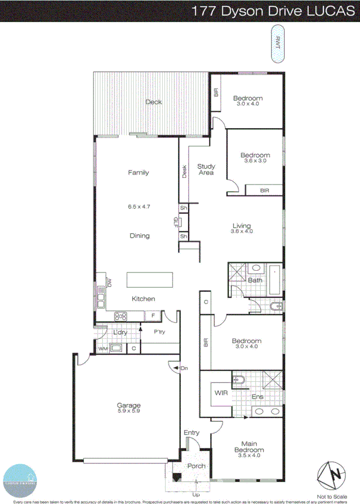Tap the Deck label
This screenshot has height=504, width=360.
tap(154, 102)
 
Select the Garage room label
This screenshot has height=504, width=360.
tap(129, 405)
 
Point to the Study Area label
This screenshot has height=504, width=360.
tap(206, 169)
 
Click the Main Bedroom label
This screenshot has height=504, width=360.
tap(250, 446)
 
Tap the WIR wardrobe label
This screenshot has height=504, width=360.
tap(221, 392)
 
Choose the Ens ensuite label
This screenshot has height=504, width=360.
tap(257, 397)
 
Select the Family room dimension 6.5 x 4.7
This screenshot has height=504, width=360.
tap(139, 207)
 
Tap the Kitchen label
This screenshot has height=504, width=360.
tap(143, 299)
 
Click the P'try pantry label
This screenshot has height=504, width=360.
tap(159, 332)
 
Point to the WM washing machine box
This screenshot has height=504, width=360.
tap(103, 349)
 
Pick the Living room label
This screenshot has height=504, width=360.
tap(241, 226)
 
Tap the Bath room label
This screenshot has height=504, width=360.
tap(255, 280)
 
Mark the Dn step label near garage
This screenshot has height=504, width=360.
tap(183, 368)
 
